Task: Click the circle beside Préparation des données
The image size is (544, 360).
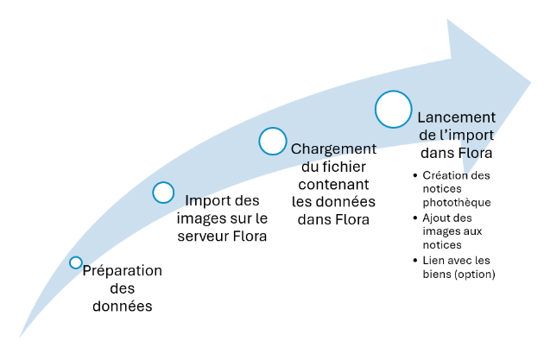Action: [76, 262]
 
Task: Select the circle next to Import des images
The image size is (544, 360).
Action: [163, 193]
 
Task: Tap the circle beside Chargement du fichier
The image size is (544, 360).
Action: [273, 142]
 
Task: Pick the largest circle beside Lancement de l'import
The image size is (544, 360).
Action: [393, 110]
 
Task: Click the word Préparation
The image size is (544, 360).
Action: [123, 271]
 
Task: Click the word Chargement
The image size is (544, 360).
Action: [333, 149]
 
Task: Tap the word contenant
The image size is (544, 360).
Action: [333, 185]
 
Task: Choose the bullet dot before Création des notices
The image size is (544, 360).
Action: [415, 176]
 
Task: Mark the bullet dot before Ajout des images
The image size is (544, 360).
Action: [415, 218]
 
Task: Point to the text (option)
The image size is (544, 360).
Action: [485, 275]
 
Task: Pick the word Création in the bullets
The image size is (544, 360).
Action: [444, 175]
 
